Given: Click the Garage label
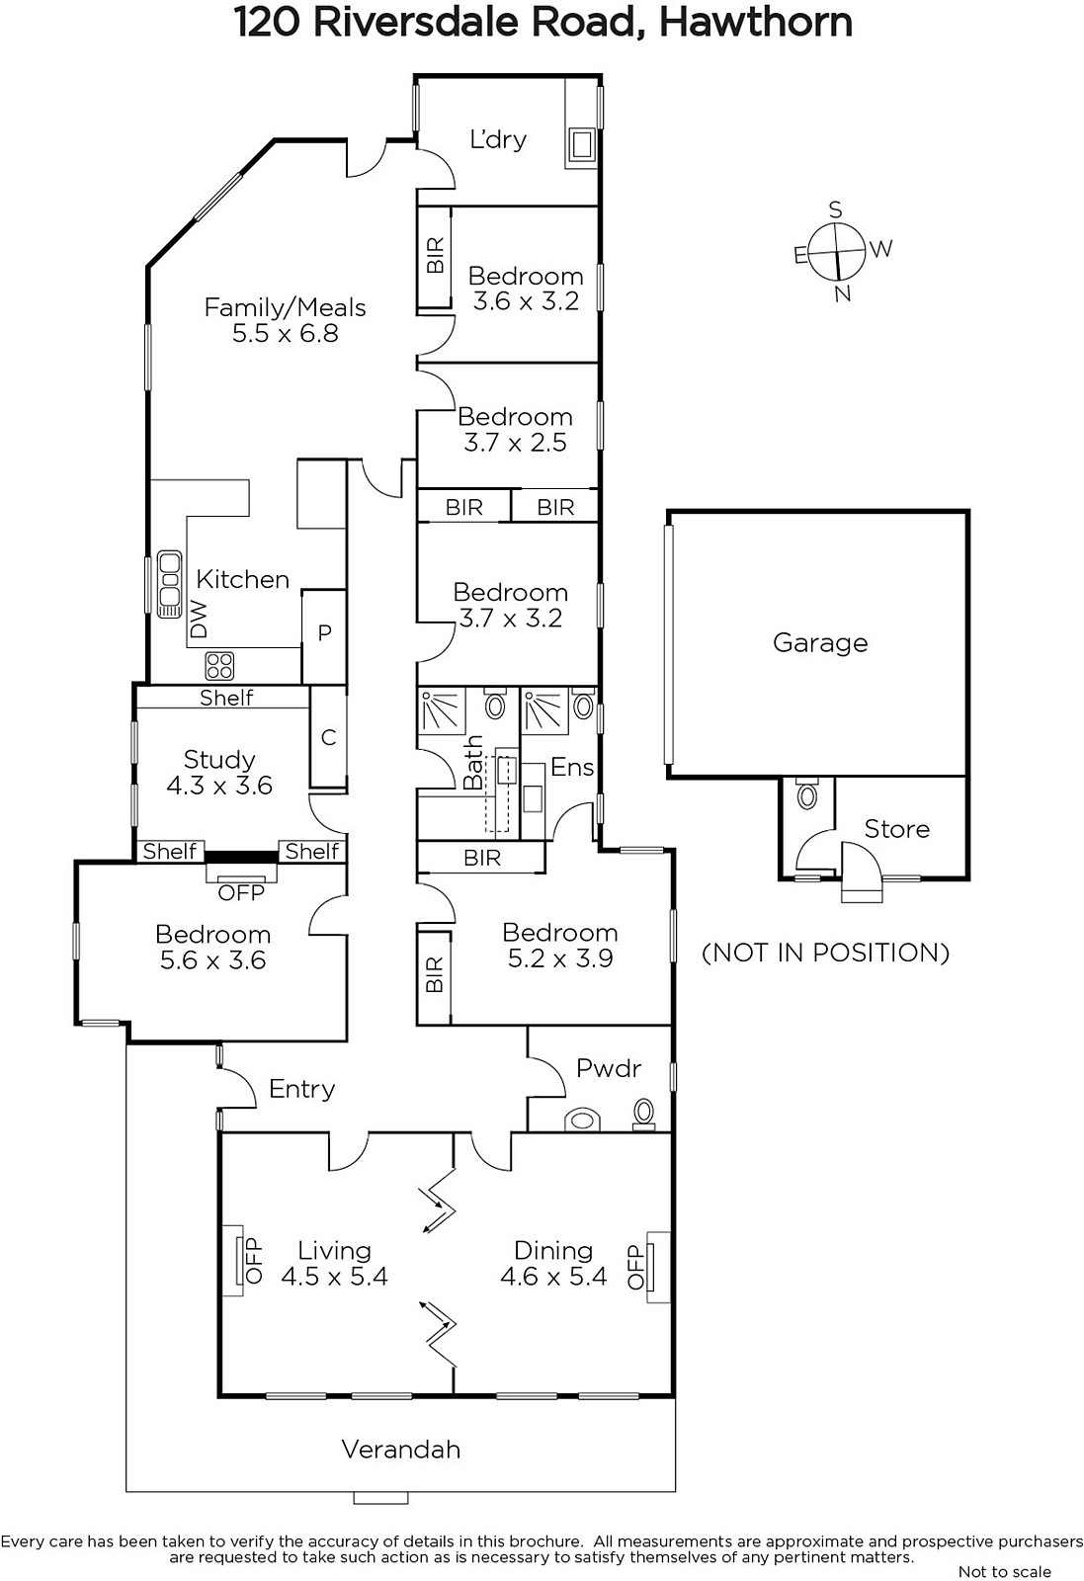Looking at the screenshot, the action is tap(820, 643).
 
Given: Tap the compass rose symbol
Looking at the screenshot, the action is tap(836, 251).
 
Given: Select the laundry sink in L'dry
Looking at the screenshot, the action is tap(581, 144).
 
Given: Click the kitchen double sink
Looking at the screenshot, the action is tap(169, 584).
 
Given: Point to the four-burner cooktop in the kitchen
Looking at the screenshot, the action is tap(219, 666).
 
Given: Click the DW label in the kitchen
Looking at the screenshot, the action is tap(201, 619).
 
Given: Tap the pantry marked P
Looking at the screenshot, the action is tap(324, 633).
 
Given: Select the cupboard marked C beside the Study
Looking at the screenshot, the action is tap(328, 737).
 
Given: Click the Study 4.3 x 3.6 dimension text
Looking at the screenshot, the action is tap(219, 786).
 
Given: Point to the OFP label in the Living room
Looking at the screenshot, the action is tap(254, 1261).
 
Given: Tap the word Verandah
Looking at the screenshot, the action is tap(401, 1450).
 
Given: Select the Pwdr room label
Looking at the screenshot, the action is tap(609, 1068).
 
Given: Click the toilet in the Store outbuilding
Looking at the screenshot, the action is tap(807, 794).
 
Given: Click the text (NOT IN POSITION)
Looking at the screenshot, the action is tap(826, 953).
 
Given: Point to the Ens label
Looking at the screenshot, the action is tap(571, 767).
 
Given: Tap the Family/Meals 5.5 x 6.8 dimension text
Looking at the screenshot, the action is tap(286, 333).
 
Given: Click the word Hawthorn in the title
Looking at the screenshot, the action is tap(756, 23).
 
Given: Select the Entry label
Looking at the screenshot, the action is tap(302, 1089).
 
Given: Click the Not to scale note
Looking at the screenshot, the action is tap(1004, 1571).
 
